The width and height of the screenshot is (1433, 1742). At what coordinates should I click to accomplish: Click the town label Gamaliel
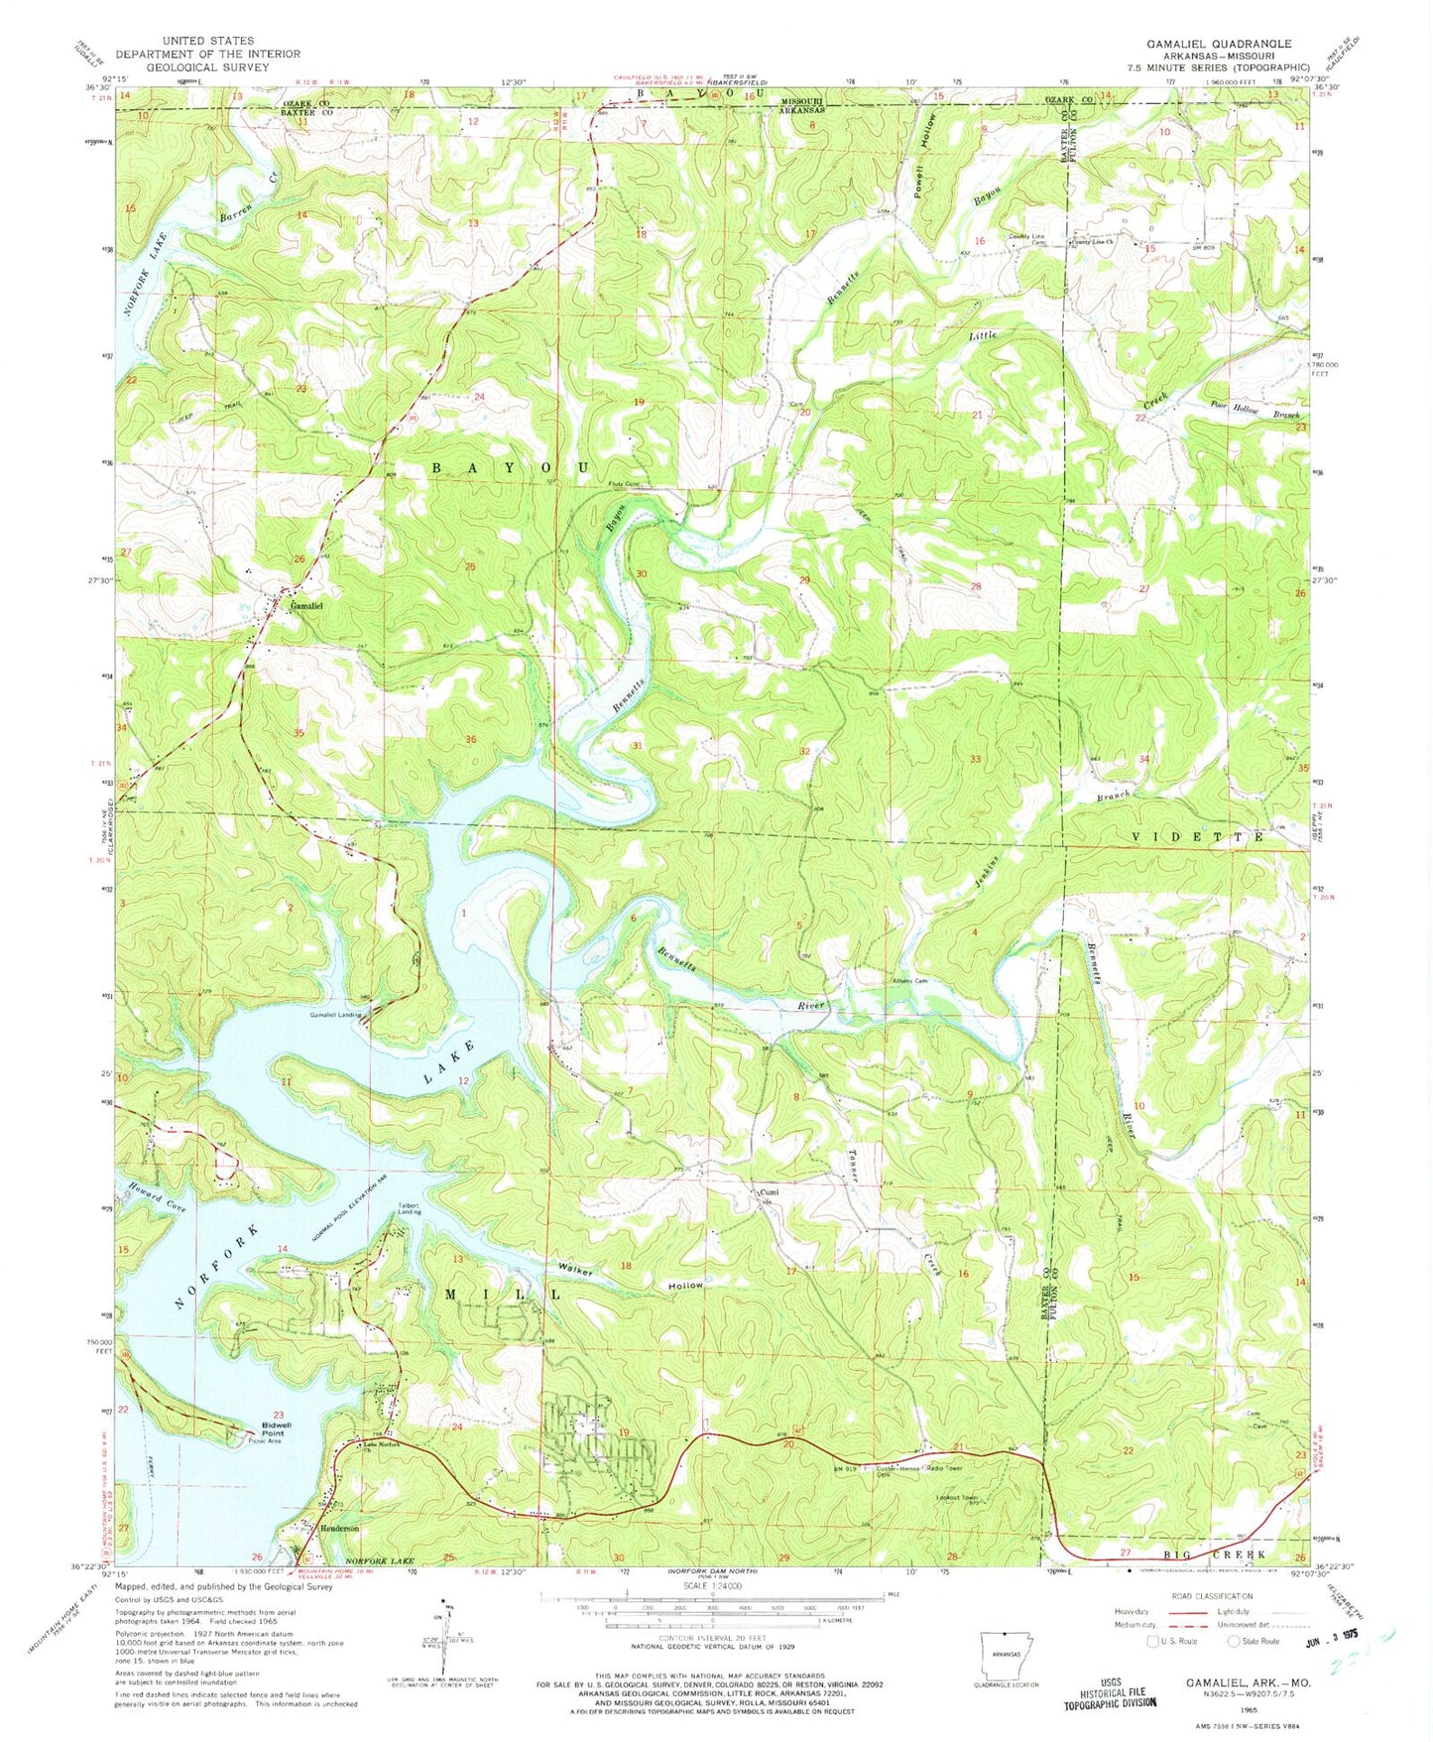[305, 604]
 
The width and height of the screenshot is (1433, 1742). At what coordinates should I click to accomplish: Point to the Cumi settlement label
[765, 1191]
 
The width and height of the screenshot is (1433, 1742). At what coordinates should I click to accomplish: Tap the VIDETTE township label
[1197, 837]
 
